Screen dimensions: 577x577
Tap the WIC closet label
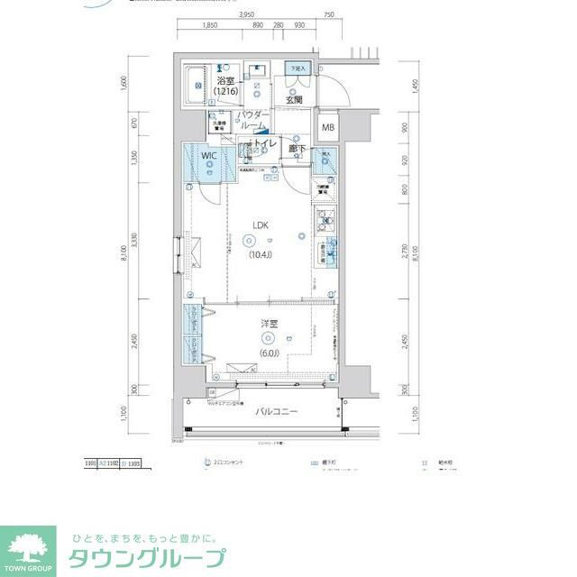point(208,156)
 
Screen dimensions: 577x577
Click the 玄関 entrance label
point(294,99)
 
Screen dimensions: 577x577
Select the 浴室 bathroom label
point(225,82)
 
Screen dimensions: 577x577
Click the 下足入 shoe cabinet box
point(297,69)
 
